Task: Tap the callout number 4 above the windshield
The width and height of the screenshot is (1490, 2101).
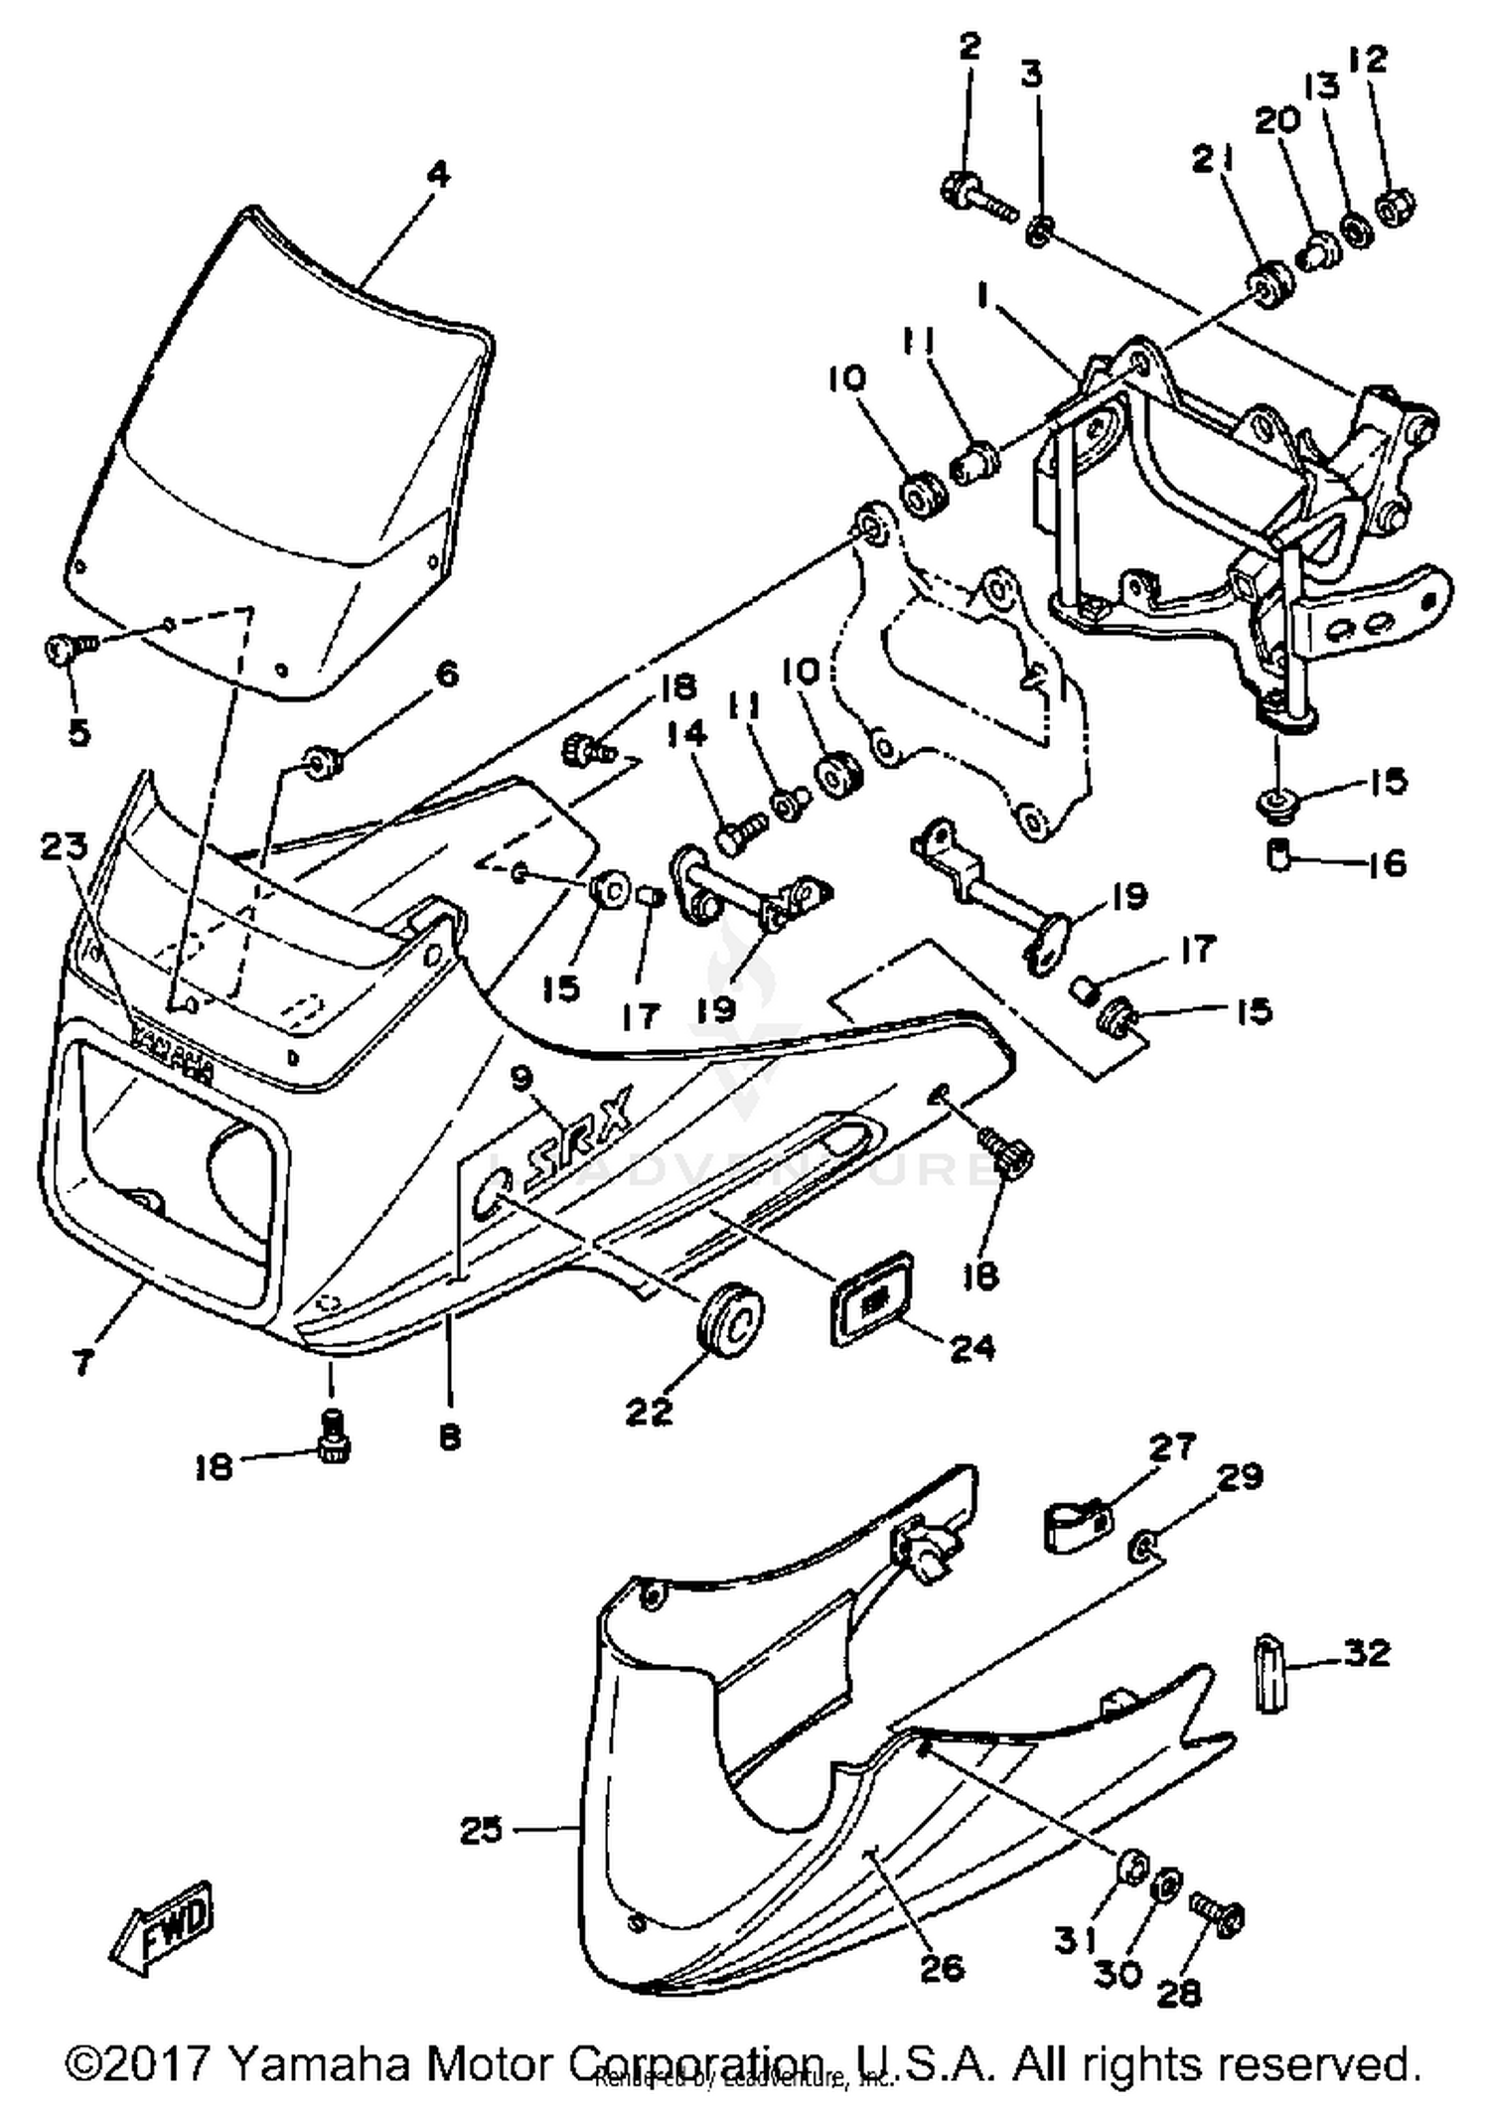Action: [437, 175]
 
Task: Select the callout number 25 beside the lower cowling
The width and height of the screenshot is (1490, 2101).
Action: [483, 1830]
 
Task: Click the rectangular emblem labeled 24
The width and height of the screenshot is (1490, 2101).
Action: [872, 1298]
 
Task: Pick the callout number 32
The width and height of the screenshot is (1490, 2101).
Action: [1367, 1654]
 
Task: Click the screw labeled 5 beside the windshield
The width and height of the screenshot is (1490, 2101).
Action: [68, 651]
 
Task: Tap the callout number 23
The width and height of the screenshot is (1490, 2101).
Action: [65, 847]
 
